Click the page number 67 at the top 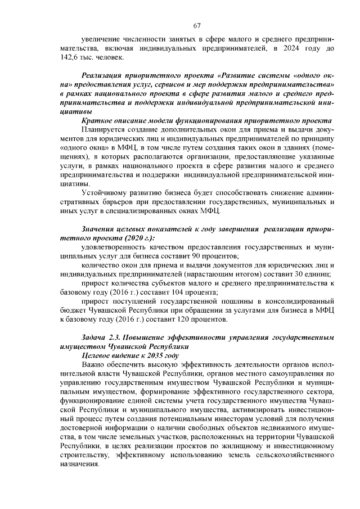[x=197, y=25]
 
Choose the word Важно [x=92, y=365]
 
